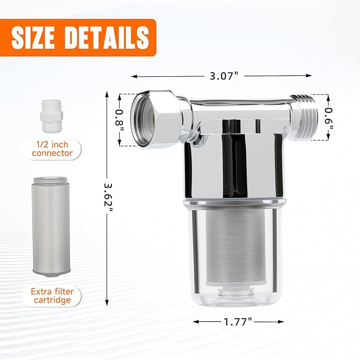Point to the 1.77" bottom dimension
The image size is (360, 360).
click(238, 321)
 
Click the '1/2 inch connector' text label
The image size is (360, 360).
click(52, 149)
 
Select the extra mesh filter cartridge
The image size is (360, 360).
click(51, 226)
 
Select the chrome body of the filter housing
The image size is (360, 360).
click(233, 164)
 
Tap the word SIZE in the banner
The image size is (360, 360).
click(39, 37)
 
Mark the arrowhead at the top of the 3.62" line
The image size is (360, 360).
click(108, 94)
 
